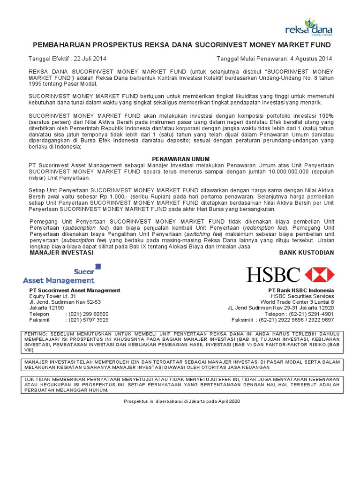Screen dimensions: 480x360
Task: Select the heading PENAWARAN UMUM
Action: pos(181,159)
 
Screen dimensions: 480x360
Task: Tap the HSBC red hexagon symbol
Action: pos(320,275)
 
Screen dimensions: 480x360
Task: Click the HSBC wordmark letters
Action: pos(274,275)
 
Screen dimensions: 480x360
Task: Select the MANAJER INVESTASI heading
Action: pos(61,253)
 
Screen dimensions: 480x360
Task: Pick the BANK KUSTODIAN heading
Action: pos(307,253)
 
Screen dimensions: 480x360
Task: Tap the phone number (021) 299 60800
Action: pos(89,314)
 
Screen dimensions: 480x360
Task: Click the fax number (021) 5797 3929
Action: pos(89,320)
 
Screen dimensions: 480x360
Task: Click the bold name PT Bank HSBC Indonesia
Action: pos(301,291)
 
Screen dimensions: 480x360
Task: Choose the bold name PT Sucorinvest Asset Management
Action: pos(75,291)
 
